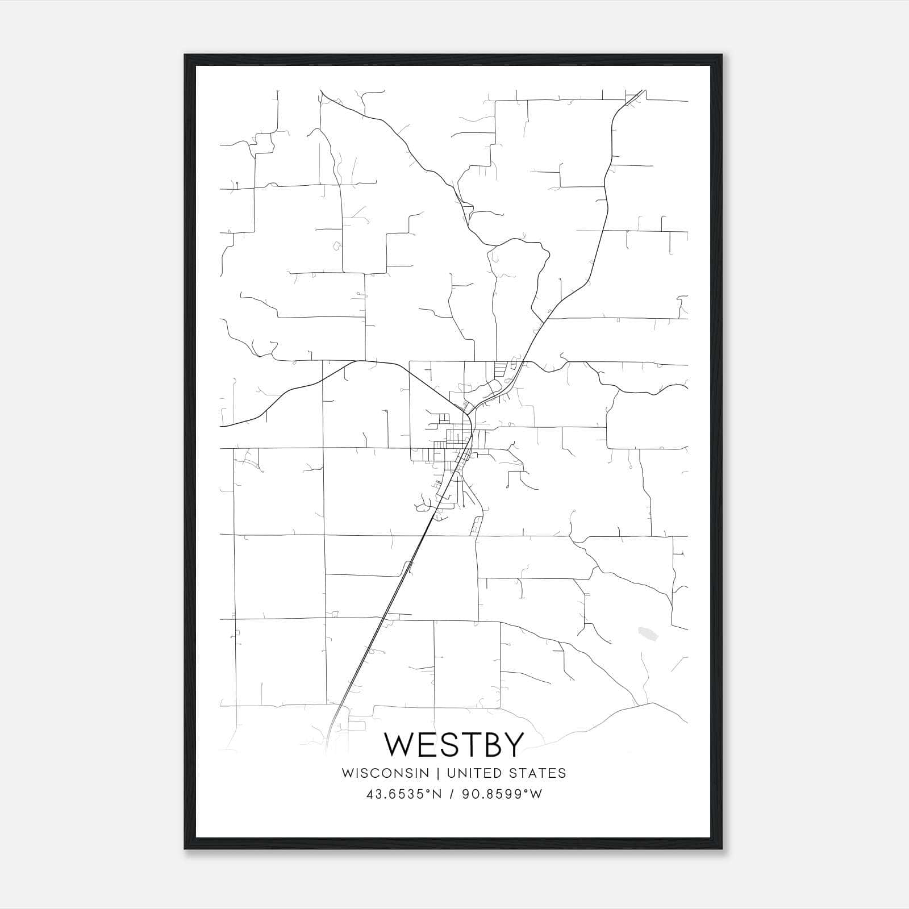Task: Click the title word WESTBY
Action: coord(453,745)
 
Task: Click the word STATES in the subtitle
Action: coord(540,773)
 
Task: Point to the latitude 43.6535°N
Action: coord(404,794)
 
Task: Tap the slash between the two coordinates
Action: coord(450,794)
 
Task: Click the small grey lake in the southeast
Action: coord(648,632)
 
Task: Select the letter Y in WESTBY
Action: coord(511,745)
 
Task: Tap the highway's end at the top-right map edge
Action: coord(642,91)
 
